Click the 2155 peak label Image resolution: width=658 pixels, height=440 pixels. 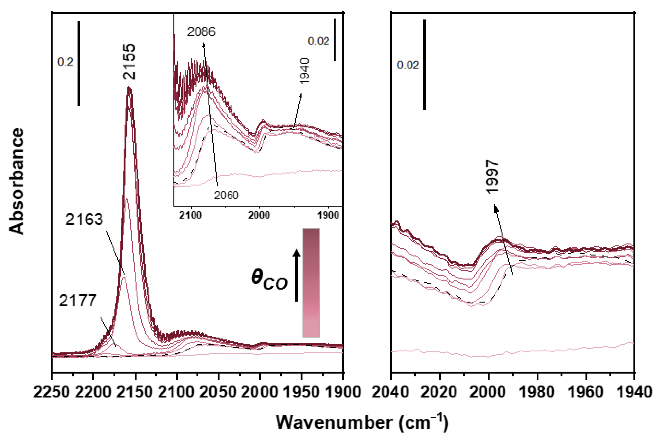pos(129,62)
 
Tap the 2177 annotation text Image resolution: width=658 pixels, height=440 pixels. pos(78,301)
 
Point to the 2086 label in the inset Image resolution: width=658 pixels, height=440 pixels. pos(201,32)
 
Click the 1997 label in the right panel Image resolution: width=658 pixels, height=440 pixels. pos(492,176)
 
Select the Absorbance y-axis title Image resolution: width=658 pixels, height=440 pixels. pos(17,181)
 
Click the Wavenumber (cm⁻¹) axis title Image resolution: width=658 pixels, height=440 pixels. pos(362,422)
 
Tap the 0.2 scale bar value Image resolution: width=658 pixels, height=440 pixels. pos(65,62)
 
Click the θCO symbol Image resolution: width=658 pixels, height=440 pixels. pos(269,279)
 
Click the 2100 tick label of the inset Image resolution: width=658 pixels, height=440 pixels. pos(191,215)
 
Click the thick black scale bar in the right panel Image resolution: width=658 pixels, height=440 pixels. pos(424,65)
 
